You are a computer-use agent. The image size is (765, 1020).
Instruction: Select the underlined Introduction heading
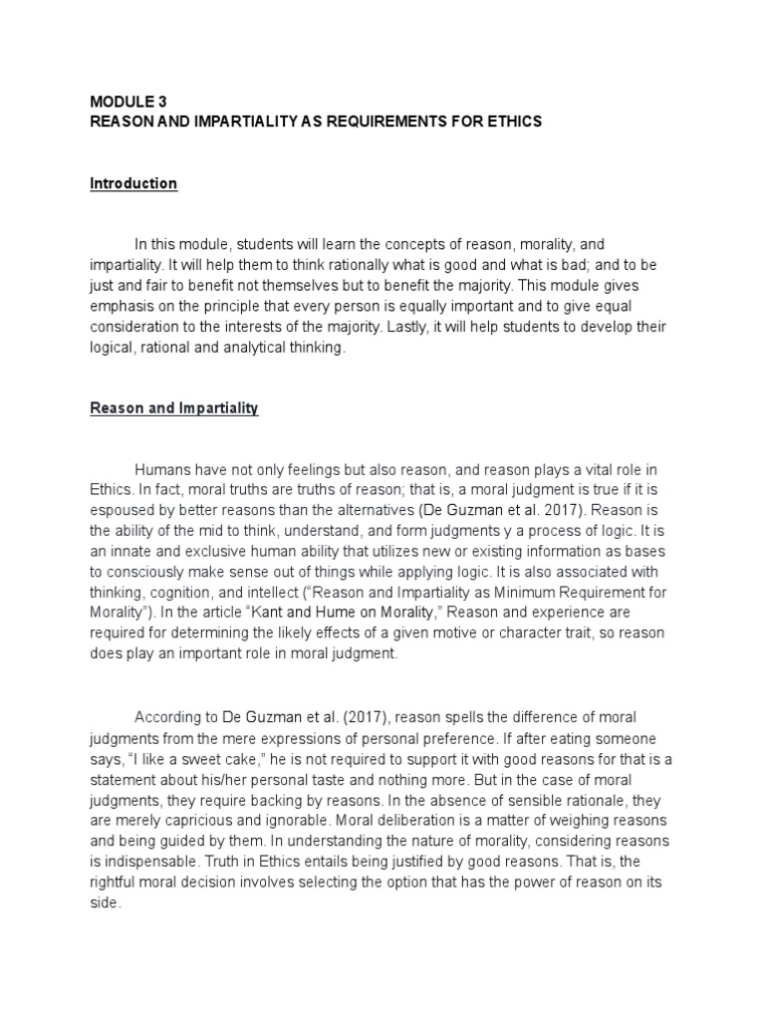(x=133, y=183)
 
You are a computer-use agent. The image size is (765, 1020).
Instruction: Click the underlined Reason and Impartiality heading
(x=174, y=408)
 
